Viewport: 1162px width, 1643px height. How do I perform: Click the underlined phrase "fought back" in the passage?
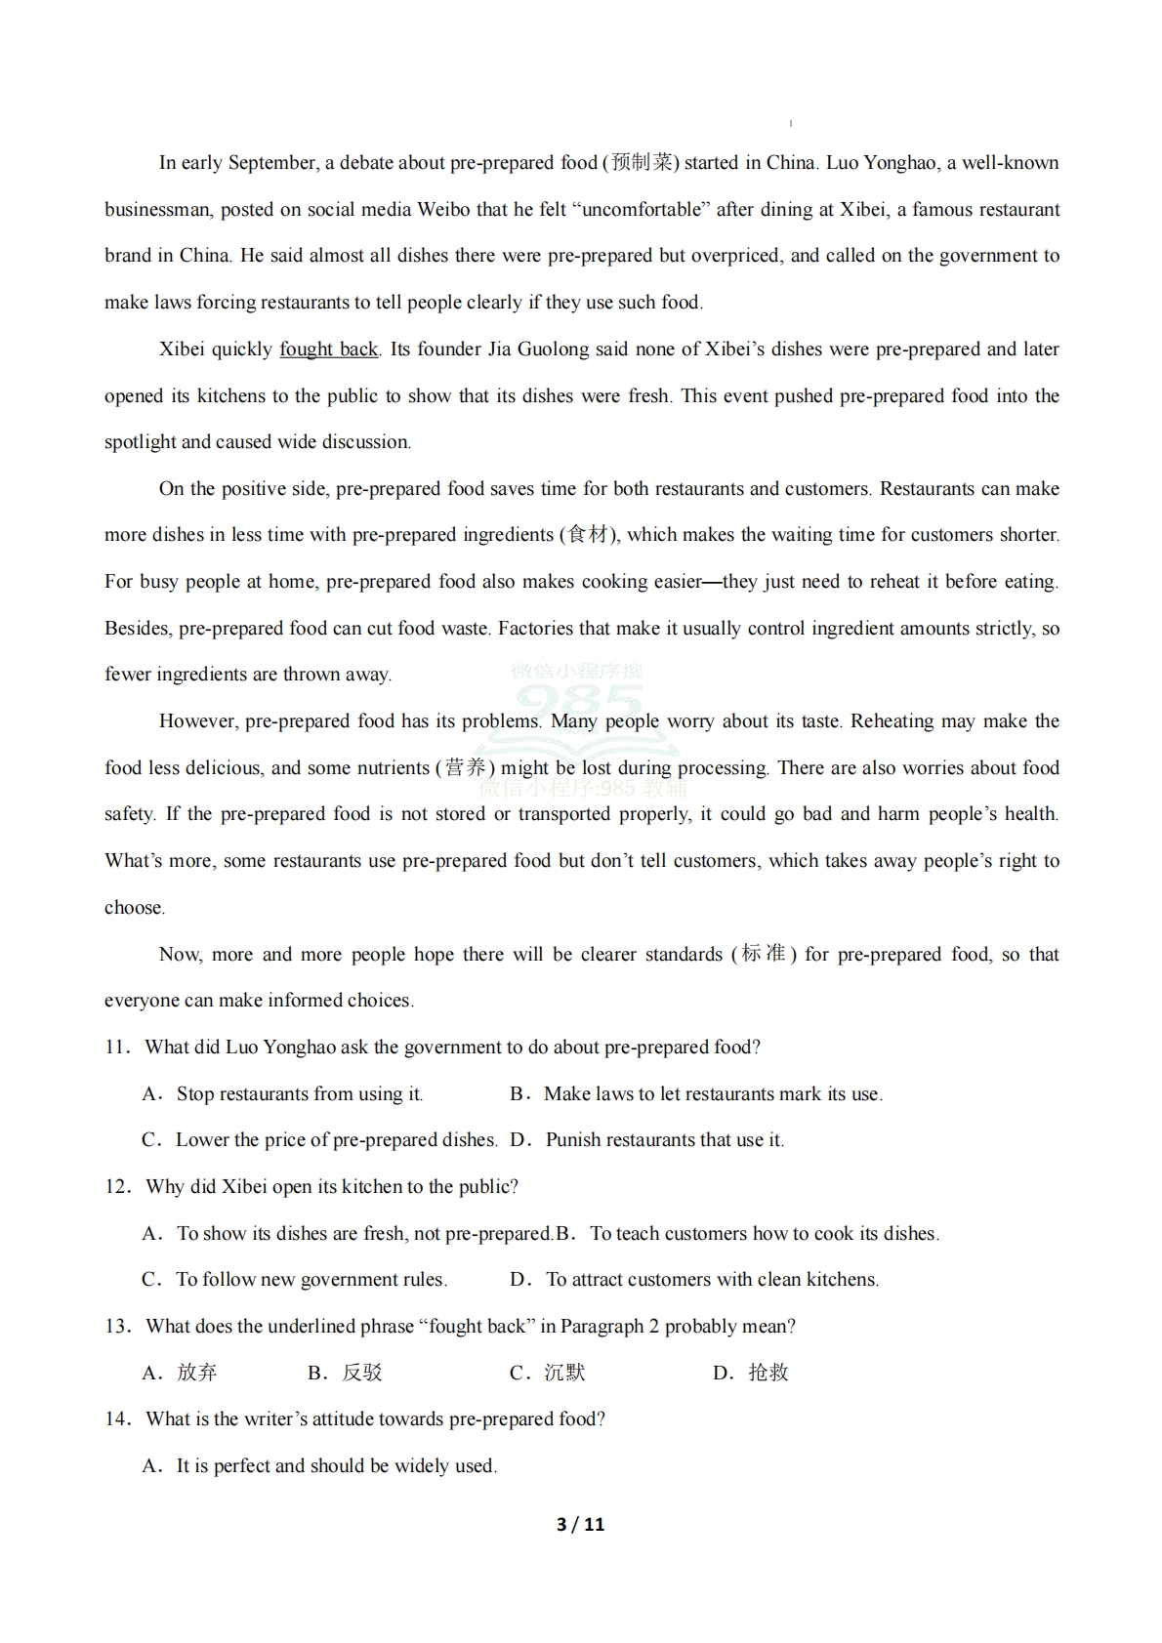click(x=328, y=349)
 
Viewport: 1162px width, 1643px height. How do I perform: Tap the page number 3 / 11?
click(x=580, y=1524)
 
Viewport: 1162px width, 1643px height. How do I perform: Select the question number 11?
click(x=116, y=1047)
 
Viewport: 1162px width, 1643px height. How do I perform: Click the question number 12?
click(x=117, y=1187)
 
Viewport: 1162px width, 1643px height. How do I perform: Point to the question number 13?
click(x=117, y=1327)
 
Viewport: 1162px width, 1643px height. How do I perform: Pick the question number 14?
click(x=117, y=1419)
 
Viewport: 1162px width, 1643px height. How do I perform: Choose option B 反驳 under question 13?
click(x=361, y=1373)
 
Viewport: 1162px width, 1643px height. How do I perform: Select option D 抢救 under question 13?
click(x=768, y=1373)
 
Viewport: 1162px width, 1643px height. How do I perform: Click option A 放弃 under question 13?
click(x=196, y=1373)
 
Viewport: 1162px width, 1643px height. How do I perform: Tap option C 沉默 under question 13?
click(x=564, y=1373)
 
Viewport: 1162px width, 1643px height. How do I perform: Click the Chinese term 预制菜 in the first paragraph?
click(x=642, y=163)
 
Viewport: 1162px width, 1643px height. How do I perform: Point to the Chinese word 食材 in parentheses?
click(x=588, y=535)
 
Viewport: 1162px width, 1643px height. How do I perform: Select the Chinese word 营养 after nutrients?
click(x=465, y=768)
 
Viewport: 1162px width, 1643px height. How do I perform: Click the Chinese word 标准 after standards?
click(x=764, y=954)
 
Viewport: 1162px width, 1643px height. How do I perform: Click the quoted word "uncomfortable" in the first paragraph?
click(x=641, y=210)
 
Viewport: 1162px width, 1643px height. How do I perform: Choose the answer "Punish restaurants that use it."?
click(x=664, y=1140)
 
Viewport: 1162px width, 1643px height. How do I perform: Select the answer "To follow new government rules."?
click(x=311, y=1280)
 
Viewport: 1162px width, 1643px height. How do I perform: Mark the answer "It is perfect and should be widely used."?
click(x=336, y=1466)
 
